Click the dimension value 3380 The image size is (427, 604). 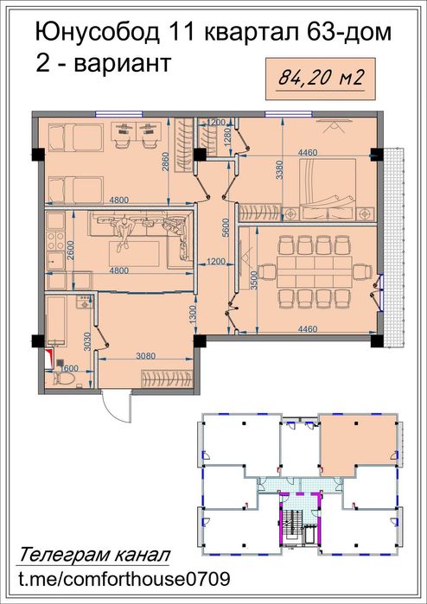(x=279, y=171)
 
